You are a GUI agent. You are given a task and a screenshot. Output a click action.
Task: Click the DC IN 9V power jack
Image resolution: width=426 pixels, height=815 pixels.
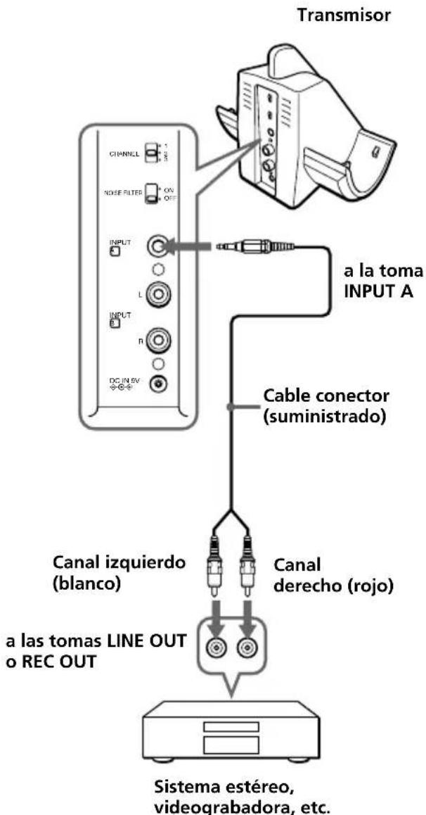point(160,384)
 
